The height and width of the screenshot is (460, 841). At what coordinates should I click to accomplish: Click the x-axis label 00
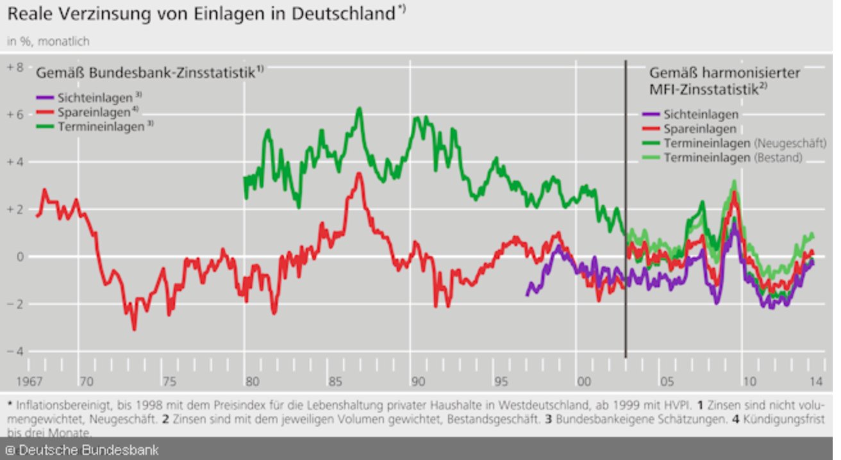[583, 382]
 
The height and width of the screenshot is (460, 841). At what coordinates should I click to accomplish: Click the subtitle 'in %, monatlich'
[48, 42]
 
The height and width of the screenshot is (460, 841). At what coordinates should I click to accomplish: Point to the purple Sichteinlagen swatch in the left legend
[45, 99]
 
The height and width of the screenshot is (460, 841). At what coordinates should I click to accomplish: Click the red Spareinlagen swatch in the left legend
[45, 113]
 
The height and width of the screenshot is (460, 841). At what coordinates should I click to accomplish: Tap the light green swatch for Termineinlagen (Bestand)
[651, 158]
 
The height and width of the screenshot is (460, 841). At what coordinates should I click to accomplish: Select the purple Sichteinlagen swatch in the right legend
[651, 115]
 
